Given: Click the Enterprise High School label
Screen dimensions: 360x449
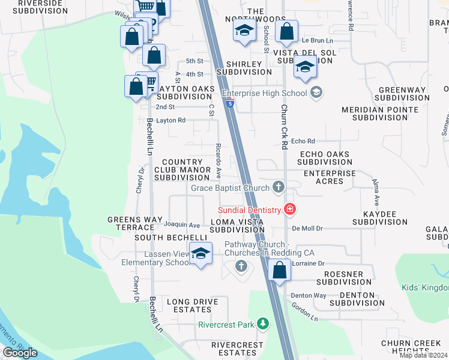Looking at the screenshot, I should point(264,93).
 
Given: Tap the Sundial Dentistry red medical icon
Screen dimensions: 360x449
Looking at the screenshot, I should point(290,209).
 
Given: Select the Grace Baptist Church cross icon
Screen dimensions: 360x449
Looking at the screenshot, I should point(277,188).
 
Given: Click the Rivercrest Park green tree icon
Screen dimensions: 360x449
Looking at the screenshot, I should point(262,325).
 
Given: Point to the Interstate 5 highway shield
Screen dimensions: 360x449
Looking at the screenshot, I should point(230,103).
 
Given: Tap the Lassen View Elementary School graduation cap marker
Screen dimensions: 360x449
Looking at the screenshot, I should point(201,253).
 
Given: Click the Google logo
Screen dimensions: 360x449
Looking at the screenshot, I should point(20,353).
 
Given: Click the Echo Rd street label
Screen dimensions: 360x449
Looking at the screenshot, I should point(303,141).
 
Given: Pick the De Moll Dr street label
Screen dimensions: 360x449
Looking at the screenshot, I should point(307,229).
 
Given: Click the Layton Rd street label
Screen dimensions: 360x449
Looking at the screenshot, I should point(170,120).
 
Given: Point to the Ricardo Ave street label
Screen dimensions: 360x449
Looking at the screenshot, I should point(219,161).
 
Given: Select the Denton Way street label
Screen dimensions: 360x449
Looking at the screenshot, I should point(308,295).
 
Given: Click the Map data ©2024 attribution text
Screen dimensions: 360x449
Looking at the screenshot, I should point(423,355).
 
